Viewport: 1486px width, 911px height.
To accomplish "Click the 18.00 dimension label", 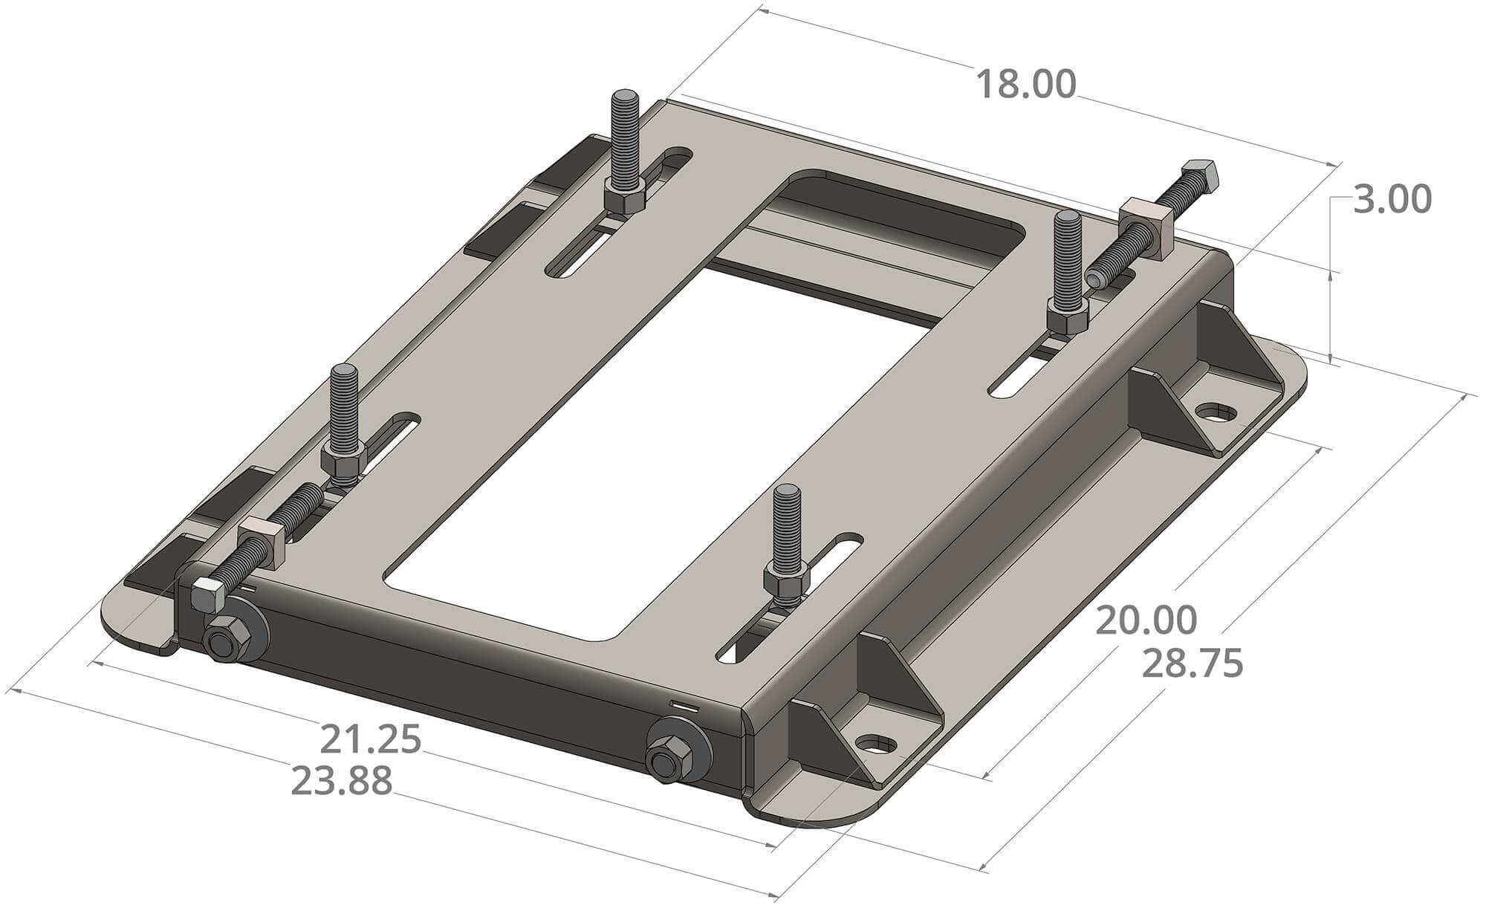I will click(x=1025, y=85).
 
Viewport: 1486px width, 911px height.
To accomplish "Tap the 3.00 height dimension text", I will click(x=1392, y=201).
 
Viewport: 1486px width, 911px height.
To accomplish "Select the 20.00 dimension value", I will click(x=1146, y=620).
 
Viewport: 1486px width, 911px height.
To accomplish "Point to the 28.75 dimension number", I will click(x=1192, y=664).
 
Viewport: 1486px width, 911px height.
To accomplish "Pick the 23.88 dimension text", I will click(x=342, y=781).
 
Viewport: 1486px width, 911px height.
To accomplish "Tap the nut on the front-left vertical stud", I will click(x=343, y=461).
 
